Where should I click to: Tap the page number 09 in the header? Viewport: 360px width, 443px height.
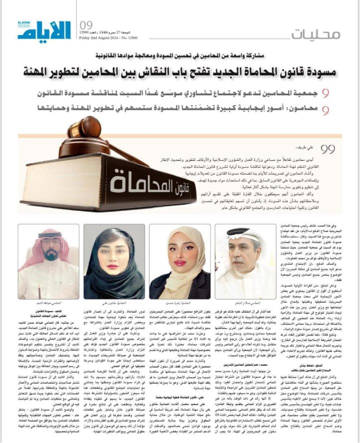(x=85, y=25)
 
